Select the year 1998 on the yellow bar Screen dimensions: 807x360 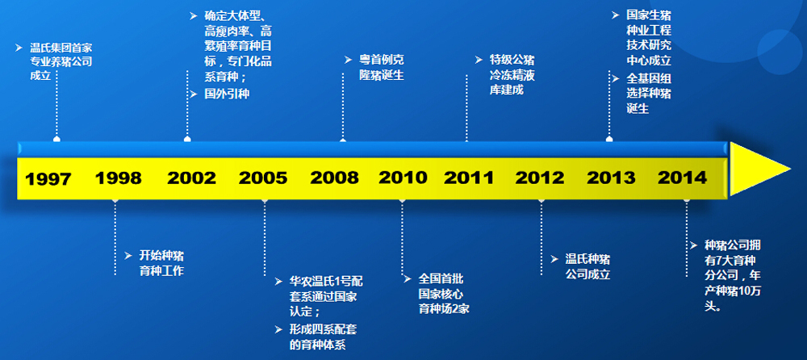[x=119, y=178]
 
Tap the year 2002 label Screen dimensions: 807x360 [x=191, y=178]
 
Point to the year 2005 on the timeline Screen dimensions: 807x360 [x=263, y=178]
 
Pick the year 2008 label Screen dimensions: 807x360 [x=335, y=178]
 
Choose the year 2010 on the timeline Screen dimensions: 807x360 [x=403, y=178]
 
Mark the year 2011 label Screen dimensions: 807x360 [x=469, y=178]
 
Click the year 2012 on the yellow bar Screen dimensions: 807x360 [x=541, y=178]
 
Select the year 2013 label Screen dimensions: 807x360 [x=612, y=178]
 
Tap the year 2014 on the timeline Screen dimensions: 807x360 [x=683, y=178]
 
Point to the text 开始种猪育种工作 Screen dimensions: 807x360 [x=161, y=263]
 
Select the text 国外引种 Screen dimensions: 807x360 [x=227, y=94]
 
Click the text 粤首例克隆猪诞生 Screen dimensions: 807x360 [x=382, y=68]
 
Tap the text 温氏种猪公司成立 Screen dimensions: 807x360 [x=587, y=266]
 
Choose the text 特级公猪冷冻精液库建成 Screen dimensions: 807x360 [x=512, y=75]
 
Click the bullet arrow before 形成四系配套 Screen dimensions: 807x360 [x=278, y=329]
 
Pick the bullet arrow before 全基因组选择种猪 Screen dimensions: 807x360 [x=616, y=79]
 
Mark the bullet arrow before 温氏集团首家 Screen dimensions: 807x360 [x=19, y=48]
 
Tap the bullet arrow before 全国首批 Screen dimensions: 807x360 [x=408, y=279]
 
